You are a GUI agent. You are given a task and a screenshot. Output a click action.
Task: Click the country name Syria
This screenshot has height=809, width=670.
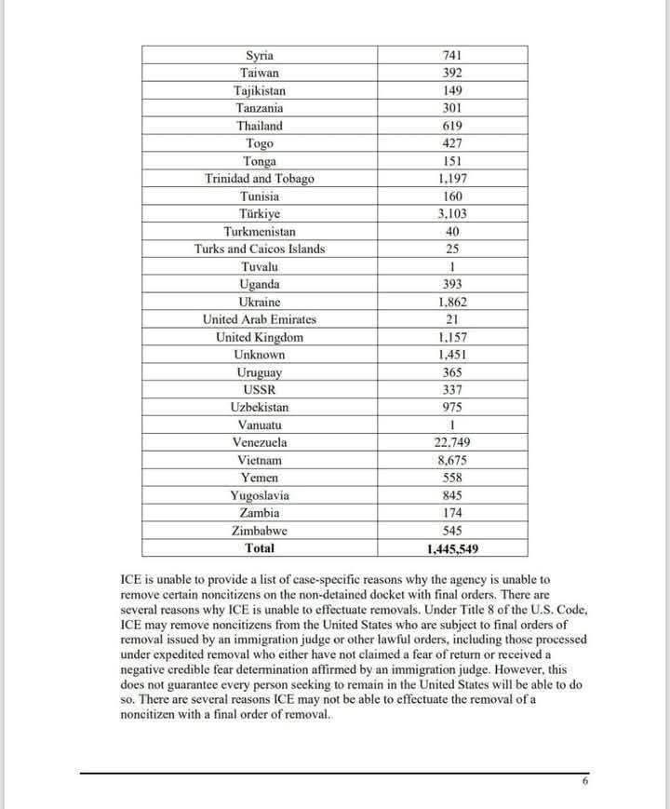click(x=259, y=56)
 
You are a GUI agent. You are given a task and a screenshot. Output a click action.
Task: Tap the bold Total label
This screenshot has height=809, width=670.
click(x=259, y=548)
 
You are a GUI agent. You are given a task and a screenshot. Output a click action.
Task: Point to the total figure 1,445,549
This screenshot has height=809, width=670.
click(x=452, y=549)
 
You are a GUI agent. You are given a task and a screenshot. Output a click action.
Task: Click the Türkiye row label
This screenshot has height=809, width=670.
click(x=259, y=214)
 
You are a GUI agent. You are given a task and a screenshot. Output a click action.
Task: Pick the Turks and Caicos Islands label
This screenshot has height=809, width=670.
click(x=259, y=249)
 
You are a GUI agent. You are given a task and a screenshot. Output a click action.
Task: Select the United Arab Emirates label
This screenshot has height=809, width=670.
click(x=259, y=319)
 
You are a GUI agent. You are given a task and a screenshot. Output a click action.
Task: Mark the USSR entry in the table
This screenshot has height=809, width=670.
click(x=259, y=390)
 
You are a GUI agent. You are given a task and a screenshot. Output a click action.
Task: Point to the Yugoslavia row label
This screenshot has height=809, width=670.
click(x=259, y=496)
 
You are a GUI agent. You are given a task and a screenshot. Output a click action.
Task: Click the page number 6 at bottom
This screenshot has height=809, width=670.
click(x=584, y=782)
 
